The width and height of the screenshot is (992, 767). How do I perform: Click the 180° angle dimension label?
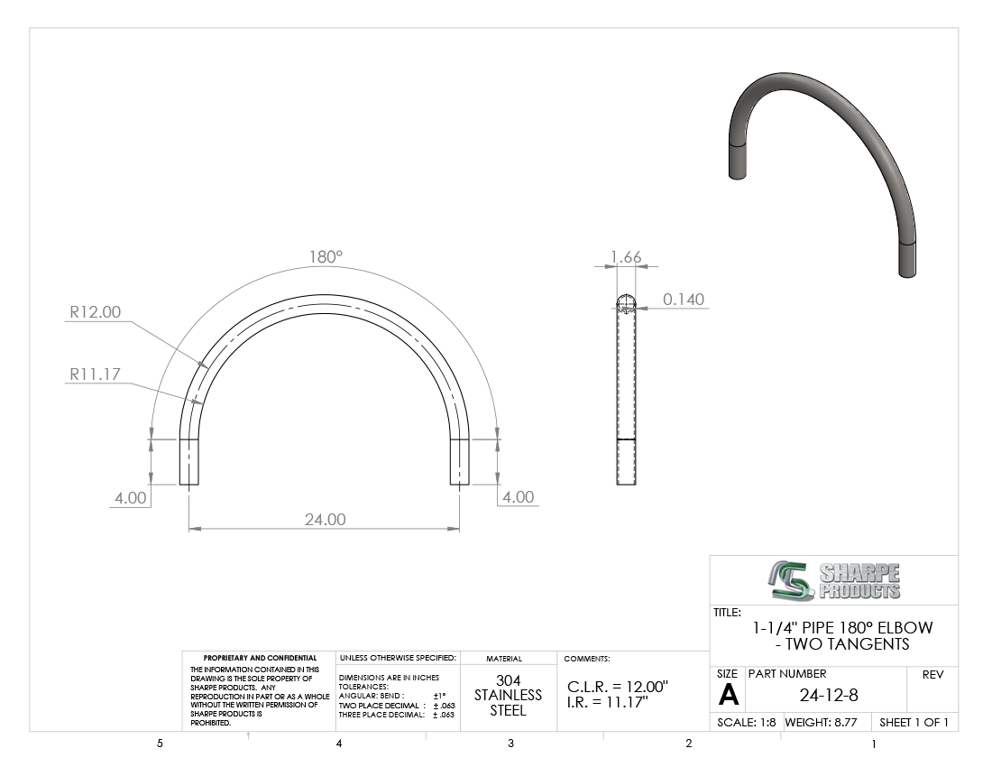point(326,257)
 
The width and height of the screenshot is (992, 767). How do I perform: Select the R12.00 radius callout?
point(95,312)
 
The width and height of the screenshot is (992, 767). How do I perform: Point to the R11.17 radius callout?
point(95,374)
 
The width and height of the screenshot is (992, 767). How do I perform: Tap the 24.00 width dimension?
point(326,520)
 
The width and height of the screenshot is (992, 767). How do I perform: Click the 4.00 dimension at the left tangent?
point(131,498)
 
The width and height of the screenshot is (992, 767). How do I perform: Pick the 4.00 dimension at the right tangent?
point(519,497)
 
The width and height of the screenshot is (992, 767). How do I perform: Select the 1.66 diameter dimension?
point(626,257)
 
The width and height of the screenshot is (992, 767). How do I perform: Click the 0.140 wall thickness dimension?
point(684,300)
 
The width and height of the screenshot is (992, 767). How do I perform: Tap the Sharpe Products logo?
point(834,580)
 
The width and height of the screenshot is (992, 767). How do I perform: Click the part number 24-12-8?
point(829,696)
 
